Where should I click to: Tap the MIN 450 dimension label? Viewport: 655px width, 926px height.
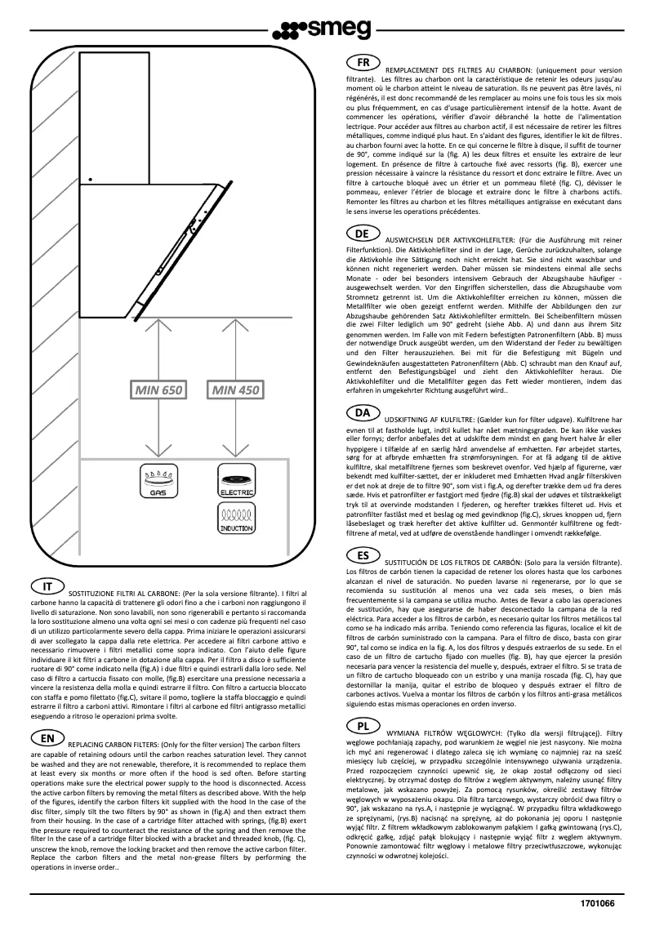236,391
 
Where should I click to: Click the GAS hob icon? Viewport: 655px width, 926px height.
154,480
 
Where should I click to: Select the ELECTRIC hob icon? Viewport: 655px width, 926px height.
236,480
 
